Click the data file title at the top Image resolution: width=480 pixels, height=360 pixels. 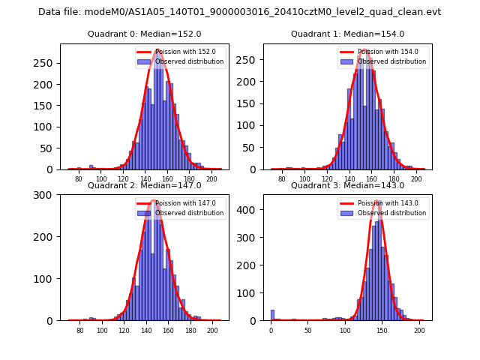tap(239, 12)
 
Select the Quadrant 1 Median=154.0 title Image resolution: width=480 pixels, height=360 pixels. tap(347, 34)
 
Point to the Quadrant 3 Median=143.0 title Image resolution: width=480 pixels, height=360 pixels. tap(347, 185)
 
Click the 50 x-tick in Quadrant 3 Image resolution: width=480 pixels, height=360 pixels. tap(307, 330)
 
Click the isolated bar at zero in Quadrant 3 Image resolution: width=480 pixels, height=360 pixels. tap(272, 315)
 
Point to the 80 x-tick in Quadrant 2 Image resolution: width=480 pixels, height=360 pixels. tap(79, 330)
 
